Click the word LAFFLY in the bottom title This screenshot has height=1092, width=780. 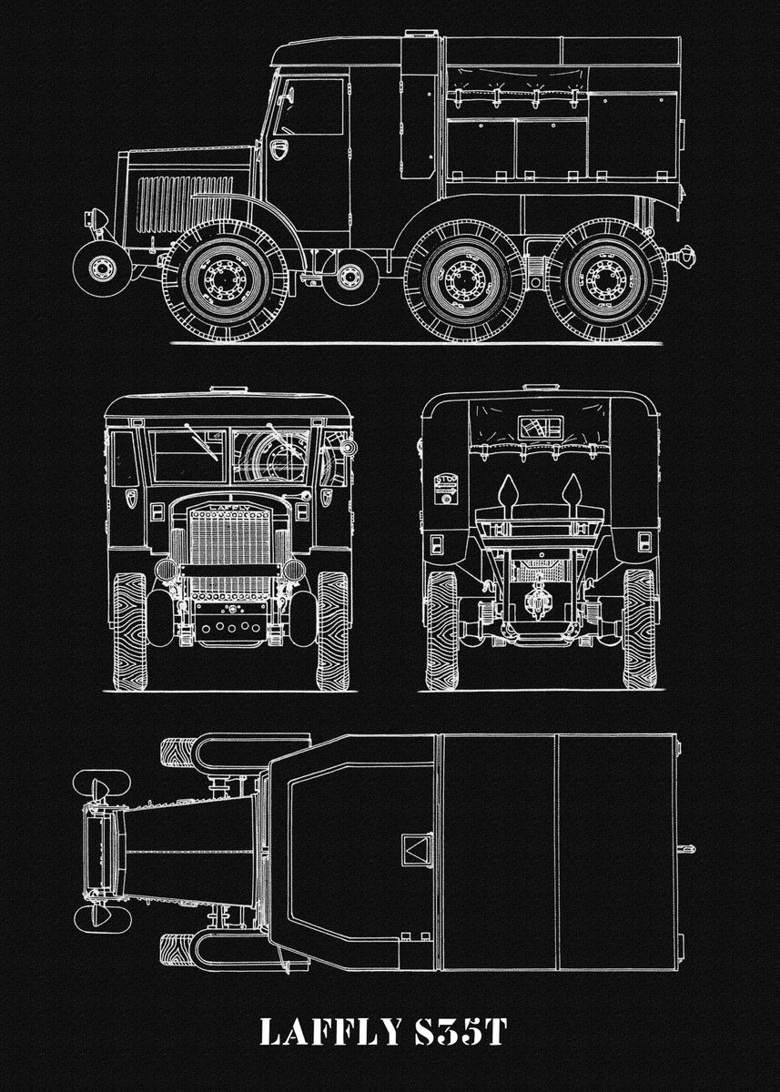(x=329, y=1032)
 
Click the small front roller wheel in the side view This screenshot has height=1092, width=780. (x=101, y=268)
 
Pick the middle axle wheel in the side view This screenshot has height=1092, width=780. (x=462, y=279)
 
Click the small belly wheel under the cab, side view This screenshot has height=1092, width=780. (x=350, y=278)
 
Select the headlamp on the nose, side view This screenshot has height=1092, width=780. (x=95, y=219)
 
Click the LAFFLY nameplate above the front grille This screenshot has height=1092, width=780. (x=228, y=500)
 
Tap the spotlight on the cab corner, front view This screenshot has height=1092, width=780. (x=347, y=447)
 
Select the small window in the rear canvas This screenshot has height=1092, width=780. (x=541, y=427)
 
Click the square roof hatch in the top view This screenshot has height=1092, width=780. (x=417, y=851)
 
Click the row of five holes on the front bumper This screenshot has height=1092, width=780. (x=228, y=626)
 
